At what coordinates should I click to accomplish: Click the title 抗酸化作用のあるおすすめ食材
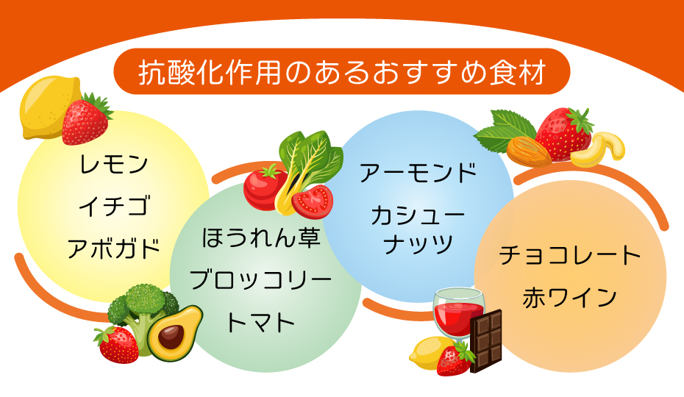point(342,74)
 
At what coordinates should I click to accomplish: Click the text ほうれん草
point(262,238)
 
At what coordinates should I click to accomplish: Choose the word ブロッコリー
point(262,280)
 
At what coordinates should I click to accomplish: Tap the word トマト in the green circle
point(262,322)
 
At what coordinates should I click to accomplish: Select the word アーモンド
point(418,174)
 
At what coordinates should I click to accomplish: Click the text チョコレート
point(570,256)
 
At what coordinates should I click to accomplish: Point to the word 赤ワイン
point(570,298)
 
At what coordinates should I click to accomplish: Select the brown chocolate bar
point(486,341)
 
